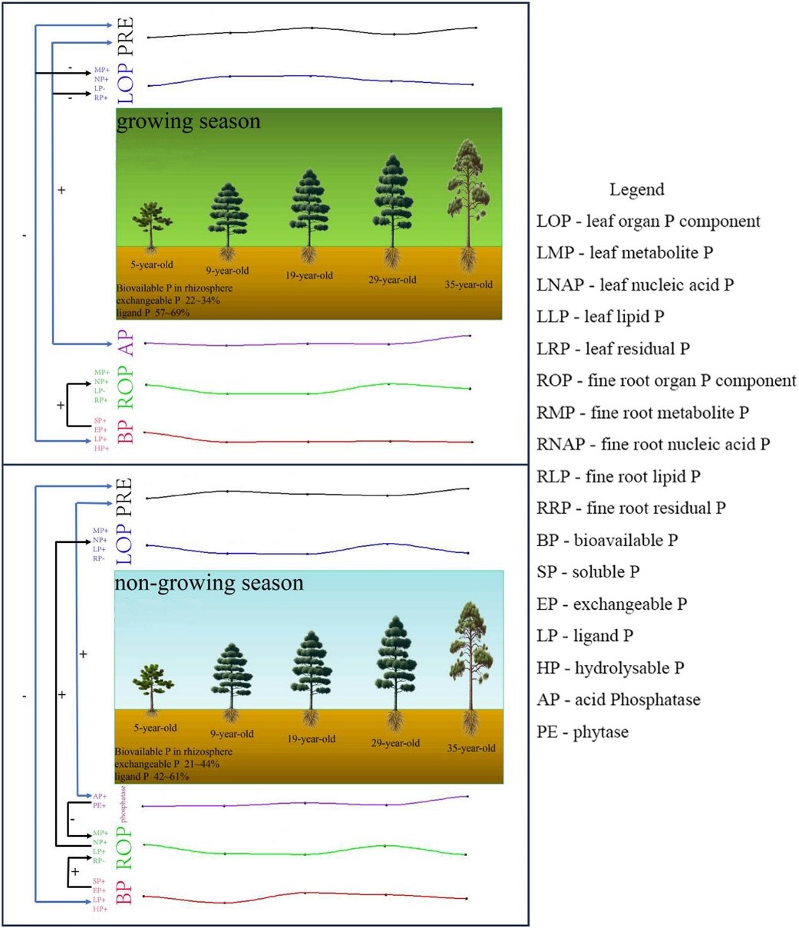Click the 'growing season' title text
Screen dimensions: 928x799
coord(188,122)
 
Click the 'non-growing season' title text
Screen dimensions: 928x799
coord(209,583)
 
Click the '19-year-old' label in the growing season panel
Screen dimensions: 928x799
coord(309,275)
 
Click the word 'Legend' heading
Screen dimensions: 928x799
coord(636,189)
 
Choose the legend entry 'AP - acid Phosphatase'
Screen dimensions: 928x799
coord(618,699)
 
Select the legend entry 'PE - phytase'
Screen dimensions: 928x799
coord(583,732)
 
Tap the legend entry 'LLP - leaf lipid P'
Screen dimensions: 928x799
coord(600,317)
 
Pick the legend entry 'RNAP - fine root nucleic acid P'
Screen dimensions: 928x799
coord(653,444)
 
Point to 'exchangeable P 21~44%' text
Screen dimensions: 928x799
coord(167,765)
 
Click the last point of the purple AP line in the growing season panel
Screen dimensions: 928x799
coord(469,336)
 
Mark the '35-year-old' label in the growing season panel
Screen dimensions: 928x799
coord(469,285)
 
